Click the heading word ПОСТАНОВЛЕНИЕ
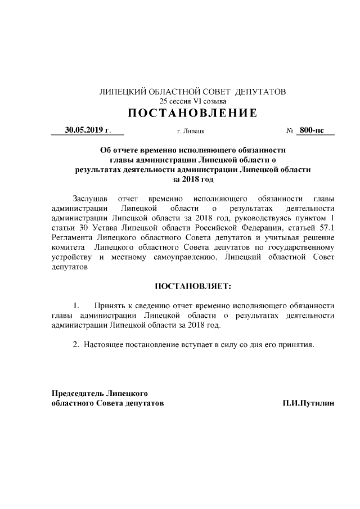192,114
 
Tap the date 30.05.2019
84,130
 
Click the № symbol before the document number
290,130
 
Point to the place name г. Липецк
191,131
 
